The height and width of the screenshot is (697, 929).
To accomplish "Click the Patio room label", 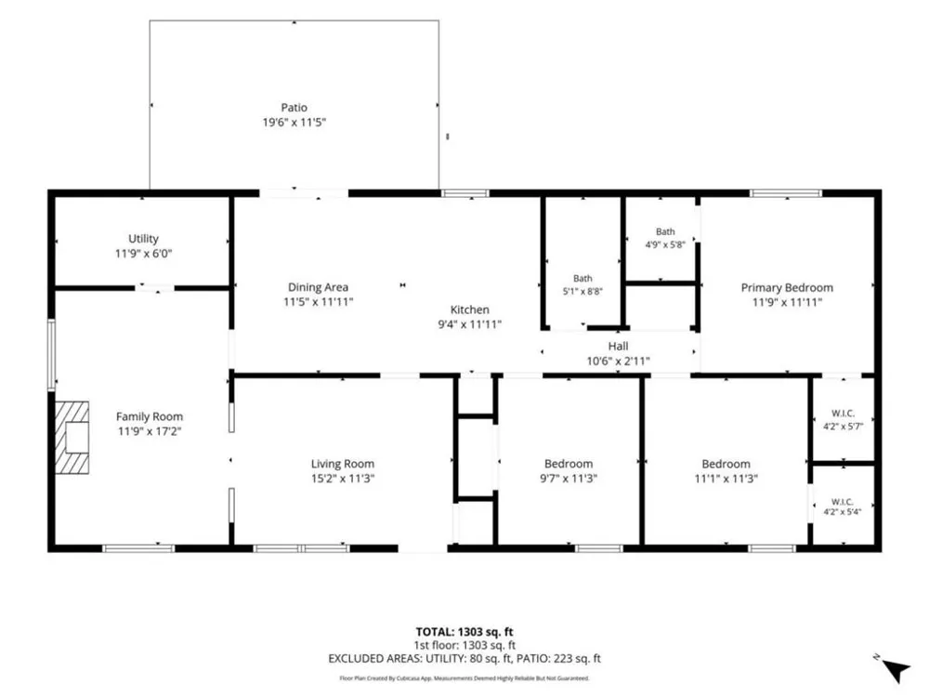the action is click(294, 107).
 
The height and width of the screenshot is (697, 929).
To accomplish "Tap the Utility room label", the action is click(143, 238).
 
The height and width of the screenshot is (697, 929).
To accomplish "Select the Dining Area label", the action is click(318, 287).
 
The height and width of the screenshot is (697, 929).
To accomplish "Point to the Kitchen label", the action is click(470, 309).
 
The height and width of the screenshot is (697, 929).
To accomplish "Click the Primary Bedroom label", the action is click(787, 287).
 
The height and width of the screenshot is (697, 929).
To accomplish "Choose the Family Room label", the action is click(150, 416).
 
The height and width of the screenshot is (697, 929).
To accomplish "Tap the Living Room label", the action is click(343, 464).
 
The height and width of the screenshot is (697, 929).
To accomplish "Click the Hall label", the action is click(618, 346).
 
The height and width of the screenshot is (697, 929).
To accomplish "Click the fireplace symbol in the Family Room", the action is click(72, 438).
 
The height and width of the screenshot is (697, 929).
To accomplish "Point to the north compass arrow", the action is click(896, 671).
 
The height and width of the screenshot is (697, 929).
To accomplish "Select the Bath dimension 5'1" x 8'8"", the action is click(582, 292).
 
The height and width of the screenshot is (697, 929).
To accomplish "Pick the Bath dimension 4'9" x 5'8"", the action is click(665, 244).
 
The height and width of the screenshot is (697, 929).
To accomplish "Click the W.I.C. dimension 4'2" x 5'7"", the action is click(844, 427).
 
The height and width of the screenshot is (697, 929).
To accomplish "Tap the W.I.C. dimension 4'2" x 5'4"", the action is click(842, 512).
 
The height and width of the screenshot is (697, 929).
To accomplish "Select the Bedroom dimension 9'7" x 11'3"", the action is click(569, 479).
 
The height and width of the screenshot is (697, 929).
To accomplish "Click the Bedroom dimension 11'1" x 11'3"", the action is click(726, 479).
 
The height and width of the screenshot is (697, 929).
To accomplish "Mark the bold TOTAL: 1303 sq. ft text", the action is click(464, 632).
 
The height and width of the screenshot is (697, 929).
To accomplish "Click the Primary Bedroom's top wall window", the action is click(786, 193).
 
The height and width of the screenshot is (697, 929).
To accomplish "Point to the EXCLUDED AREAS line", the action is click(464, 659).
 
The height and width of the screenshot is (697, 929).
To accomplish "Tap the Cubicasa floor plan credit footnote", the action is click(464, 678).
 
